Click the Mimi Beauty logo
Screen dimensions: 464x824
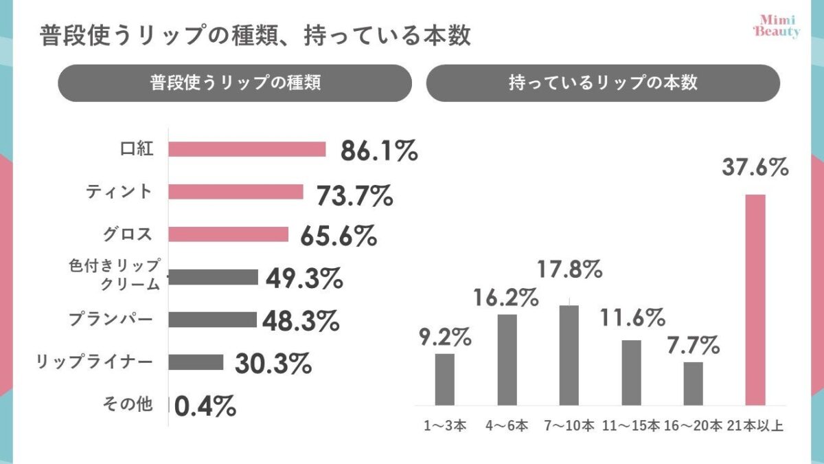click(x=776, y=27)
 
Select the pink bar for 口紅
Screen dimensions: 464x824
click(x=247, y=149)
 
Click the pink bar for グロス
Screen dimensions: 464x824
click(x=228, y=234)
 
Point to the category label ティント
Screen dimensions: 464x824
click(x=118, y=192)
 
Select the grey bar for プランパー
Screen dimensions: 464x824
click(x=212, y=320)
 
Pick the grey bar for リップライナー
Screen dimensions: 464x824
click(x=196, y=362)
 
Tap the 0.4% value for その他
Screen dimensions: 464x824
click(x=205, y=407)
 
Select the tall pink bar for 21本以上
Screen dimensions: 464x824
click(x=755, y=300)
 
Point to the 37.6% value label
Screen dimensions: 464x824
click(x=755, y=167)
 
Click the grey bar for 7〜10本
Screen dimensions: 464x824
click(x=569, y=355)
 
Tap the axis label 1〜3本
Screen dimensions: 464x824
click(x=444, y=426)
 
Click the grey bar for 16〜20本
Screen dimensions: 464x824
click(x=693, y=383)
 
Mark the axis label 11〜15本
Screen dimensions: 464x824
click(x=631, y=426)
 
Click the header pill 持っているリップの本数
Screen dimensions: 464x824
click(x=603, y=83)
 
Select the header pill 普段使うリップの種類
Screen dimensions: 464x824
click(x=235, y=83)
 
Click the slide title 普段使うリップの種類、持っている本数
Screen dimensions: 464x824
click(x=255, y=36)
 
